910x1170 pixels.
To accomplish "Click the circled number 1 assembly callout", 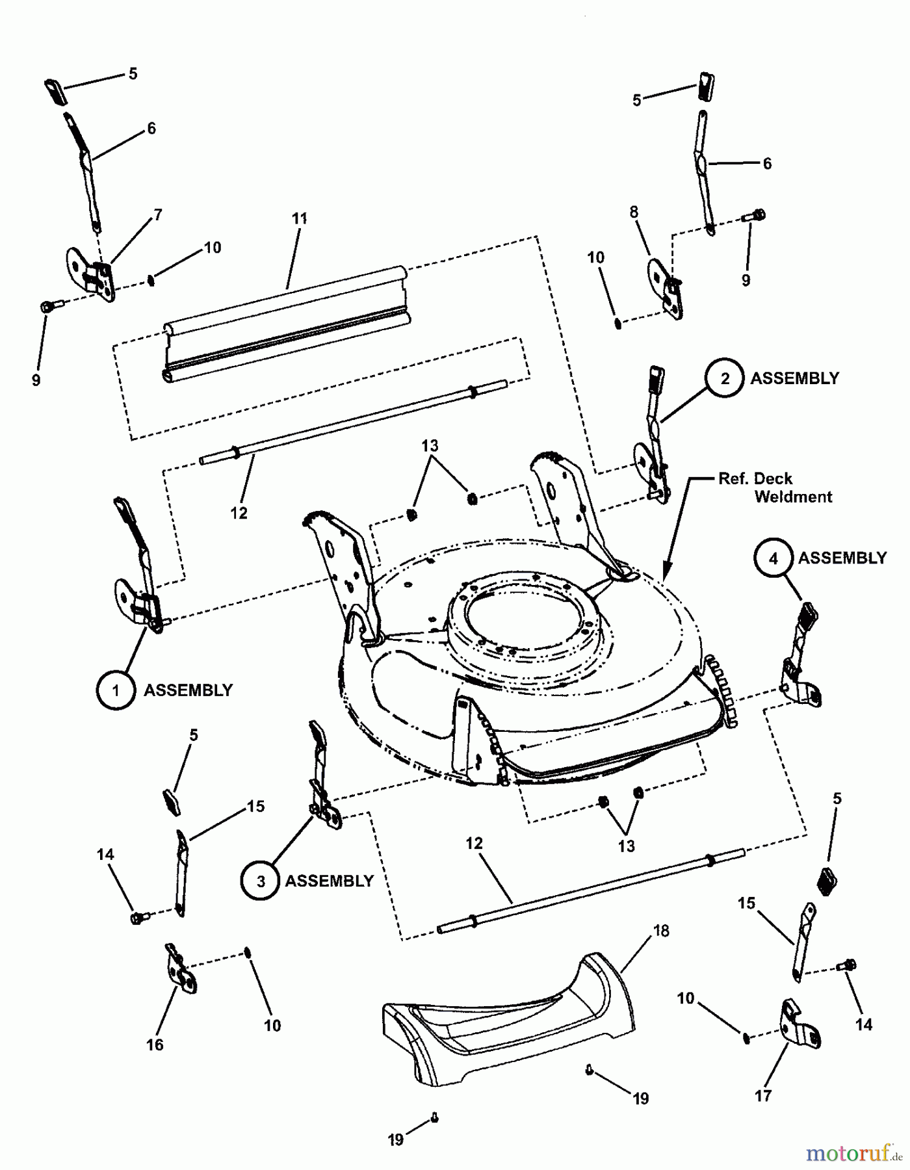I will click(x=116, y=690).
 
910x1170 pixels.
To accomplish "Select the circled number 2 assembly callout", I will click(x=725, y=378).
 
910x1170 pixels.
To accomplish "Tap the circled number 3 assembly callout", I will click(x=260, y=881).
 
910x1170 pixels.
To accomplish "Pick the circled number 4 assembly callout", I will click(x=773, y=558).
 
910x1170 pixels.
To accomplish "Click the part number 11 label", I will click(x=299, y=218).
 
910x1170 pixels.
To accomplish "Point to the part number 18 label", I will click(x=661, y=931).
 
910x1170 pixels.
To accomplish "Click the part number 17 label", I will click(x=762, y=1095).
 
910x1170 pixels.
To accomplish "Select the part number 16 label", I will click(x=155, y=1045).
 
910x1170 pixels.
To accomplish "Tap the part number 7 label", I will click(x=157, y=214).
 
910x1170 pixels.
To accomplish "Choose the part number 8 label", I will click(x=634, y=212).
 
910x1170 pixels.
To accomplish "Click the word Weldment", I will click(x=794, y=497).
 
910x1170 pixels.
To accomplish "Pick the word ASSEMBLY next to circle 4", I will click(x=842, y=558).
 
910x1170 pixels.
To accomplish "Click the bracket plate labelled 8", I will click(x=666, y=289).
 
